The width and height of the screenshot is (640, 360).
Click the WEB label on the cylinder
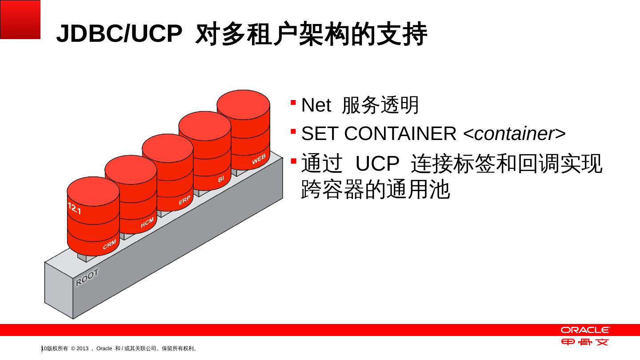tap(259, 160)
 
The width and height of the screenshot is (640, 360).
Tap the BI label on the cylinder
tap(221, 179)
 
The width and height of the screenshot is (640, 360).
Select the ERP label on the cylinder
tap(185, 201)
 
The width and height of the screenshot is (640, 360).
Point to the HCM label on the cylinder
tap(147, 223)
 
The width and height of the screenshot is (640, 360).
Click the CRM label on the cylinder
tap(109, 244)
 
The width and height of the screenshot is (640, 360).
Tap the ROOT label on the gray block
tap(87, 277)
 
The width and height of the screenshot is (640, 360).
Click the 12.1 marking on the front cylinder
tap(74, 208)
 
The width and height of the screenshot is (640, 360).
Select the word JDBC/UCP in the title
tap(119, 34)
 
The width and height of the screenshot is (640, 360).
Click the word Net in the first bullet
tap(316, 106)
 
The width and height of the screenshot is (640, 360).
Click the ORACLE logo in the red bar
tap(585, 330)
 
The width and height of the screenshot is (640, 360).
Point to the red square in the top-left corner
tap(20, 20)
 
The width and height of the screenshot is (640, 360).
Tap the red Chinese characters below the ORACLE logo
tap(585, 342)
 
